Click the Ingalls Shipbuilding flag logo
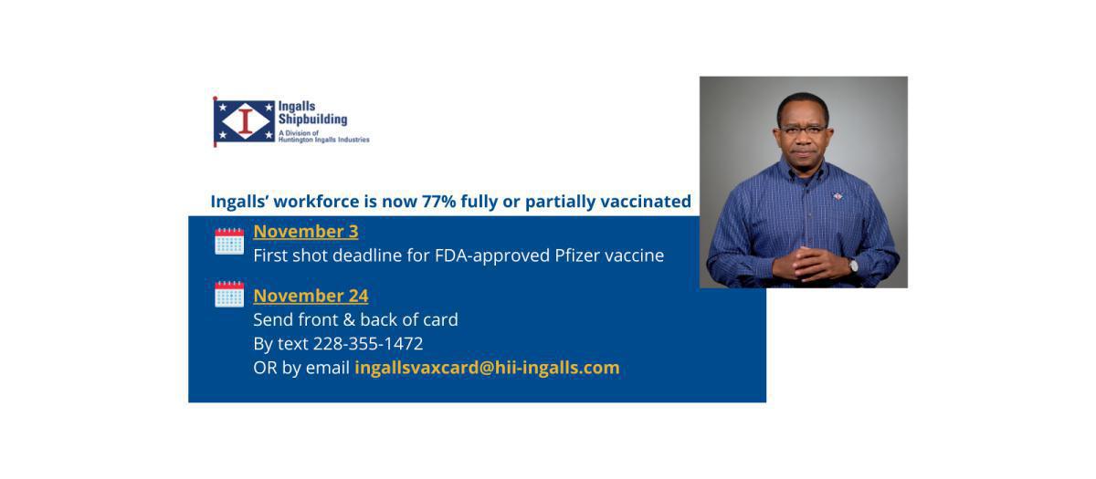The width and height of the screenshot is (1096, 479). pyautogui.click(x=244, y=121)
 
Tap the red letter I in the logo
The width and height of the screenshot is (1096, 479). pyautogui.click(x=245, y=121)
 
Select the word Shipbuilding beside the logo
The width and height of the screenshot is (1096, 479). pyautogui.click(x=312, y=120)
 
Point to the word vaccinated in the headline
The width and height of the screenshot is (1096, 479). pyautogui.click(x=645, y=202)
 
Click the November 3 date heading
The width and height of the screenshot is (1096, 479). pyautogui.click(x=305, y=231)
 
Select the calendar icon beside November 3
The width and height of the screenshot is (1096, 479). pyautogui.click(x=229, y=241)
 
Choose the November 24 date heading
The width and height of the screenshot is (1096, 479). pyautogui.click(x=311, y=296)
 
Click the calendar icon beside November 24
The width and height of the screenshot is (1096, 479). pyautogui.click(x=229, y=294)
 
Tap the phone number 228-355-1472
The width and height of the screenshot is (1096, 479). pyautogui.click(x=368, y=344)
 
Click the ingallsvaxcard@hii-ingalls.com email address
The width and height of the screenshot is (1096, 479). pyautogui.click(x=487, y=368)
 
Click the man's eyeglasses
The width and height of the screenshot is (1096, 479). pyautogui.click(x=802, y=130)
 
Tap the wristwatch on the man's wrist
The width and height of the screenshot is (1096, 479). pyautogui.click(x=853, y=266)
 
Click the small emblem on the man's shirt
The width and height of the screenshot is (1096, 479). pyautogui.click(x=838, y=195)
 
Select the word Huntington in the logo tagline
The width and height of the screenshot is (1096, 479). pyautogui.click(x=273, y=141)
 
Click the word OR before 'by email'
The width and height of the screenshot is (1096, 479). pyautogui.click(x=265, y=368)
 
